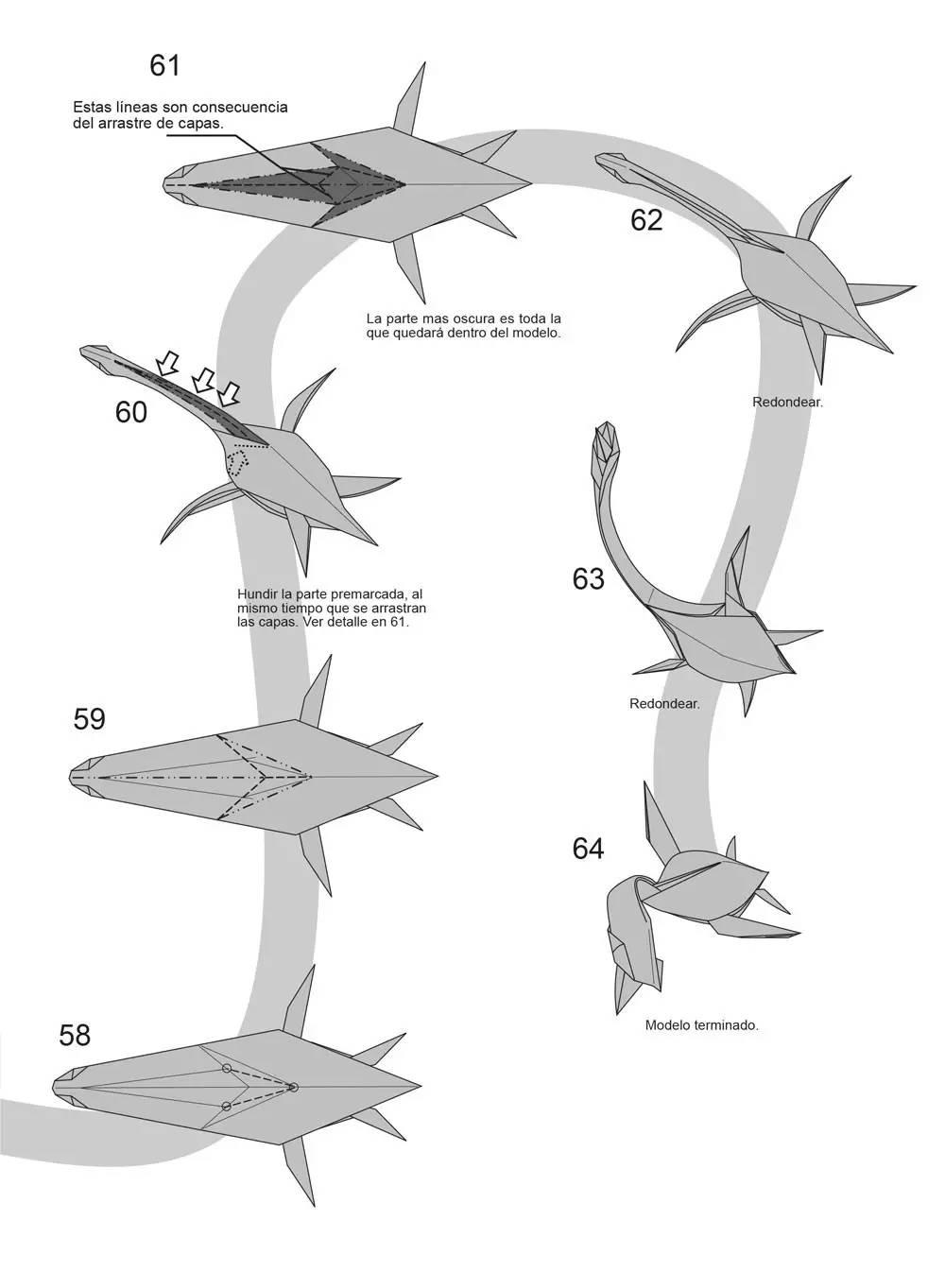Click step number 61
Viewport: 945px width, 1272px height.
tap(165, 65)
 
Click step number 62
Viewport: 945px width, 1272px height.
tap(646, 219)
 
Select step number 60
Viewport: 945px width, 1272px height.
tap(130, 412)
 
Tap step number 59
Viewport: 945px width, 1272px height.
tap(90, 718)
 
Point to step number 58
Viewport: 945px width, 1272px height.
tap(75, 1035)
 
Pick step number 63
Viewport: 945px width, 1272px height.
tap(589, 578)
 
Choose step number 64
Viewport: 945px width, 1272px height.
tap(589, 849)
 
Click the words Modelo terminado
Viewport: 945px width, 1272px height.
tap(702, 1024)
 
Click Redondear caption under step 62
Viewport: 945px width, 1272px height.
tap(787, 402)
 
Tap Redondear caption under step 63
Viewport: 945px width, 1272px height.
tap(664, 703)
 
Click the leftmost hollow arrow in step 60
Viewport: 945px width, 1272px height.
tap(167, 363)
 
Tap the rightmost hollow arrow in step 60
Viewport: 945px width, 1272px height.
tap(229, 393)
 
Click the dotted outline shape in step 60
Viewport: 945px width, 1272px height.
tap(238, 462)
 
